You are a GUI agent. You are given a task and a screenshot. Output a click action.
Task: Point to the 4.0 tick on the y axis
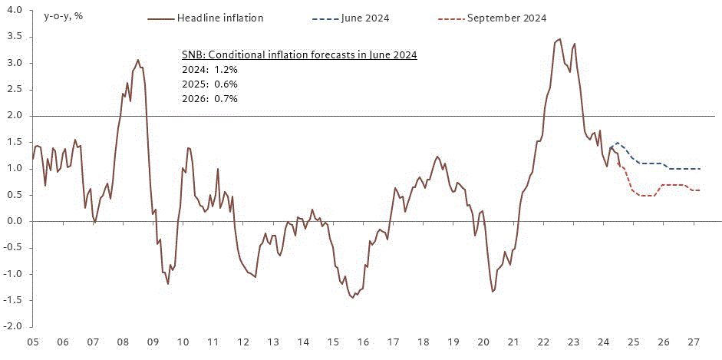(x=13, y=11)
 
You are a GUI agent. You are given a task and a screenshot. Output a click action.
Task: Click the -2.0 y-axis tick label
(x=12, y=326)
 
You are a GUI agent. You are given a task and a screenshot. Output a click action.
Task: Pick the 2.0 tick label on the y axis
(x=13, y=116)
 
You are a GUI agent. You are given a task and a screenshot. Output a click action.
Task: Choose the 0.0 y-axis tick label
(x=13, y=221)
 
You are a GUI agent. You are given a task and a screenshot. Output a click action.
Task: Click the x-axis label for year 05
(x=32, y=342)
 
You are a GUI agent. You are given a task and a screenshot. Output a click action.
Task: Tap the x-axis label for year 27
(x=693, y=342)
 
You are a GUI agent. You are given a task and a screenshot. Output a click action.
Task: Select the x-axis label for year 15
(x=333, y=342)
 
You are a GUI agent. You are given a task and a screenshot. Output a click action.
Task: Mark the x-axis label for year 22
(x=543, y=342)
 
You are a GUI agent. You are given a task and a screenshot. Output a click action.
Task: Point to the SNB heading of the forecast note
(x=298, y=55)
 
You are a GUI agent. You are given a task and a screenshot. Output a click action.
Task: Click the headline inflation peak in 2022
(x=559, y=39)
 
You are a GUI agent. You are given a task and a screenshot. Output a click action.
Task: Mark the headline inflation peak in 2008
(x=138, y=60)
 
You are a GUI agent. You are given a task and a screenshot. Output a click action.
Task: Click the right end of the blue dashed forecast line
(x=700, y=169)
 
